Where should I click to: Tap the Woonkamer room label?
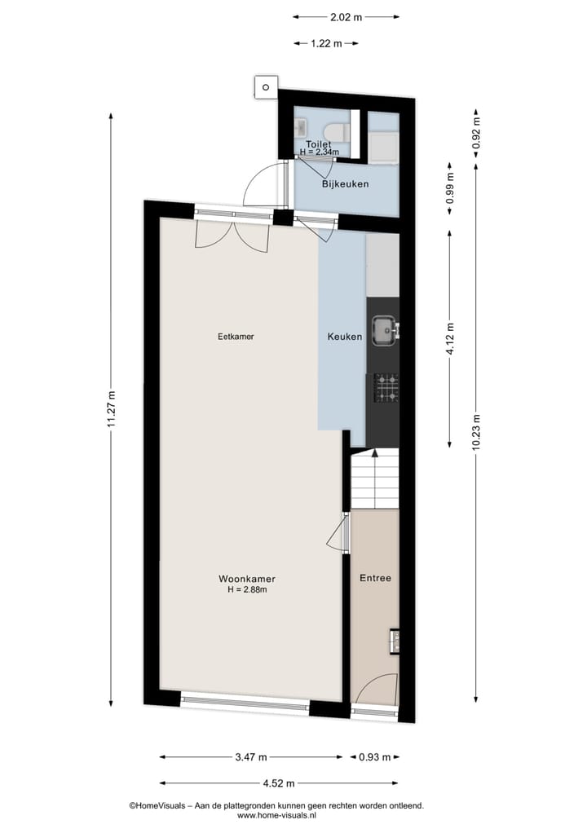tap(246, 579)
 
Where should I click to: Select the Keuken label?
tap(344, 336)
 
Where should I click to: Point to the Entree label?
tap(375, 578)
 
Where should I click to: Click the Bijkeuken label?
tap(345, 183)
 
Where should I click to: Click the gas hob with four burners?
tap(386, 387)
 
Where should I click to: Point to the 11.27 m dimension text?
tap(112, 414)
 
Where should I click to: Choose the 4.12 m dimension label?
tap(449, 337)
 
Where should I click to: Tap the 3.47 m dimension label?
tap(251, 756)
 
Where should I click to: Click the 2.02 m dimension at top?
tap(346, 16)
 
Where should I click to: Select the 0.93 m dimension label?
tap(374, 756)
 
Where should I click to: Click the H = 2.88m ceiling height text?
tap(247, 589)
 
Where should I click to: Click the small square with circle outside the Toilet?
tap(265, 86)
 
